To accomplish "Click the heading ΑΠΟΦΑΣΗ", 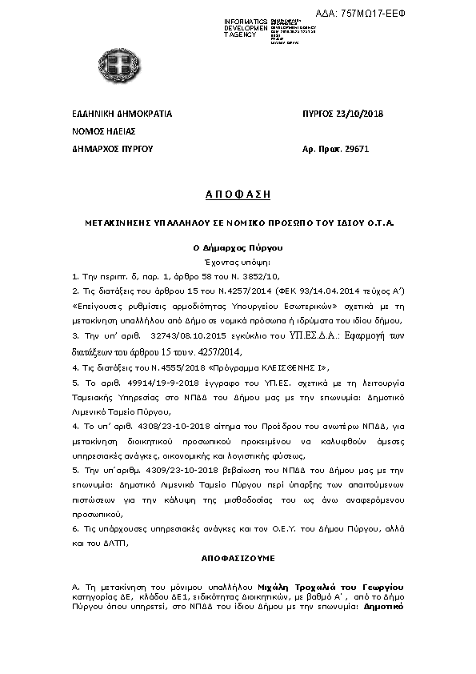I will coord(238,195).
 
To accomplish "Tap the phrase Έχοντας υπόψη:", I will coord(238,262).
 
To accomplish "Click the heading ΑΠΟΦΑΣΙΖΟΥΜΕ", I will coord(238,553).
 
